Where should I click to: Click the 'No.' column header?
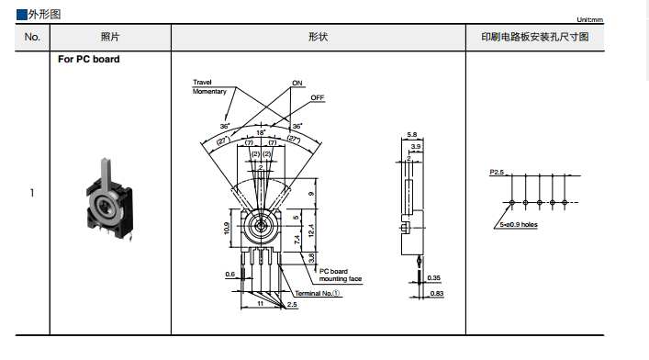(32, 38)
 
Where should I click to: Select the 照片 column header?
(110, 37)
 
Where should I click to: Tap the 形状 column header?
(318, 37)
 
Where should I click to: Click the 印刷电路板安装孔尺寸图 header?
(535, 37)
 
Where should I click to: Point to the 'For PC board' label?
(88, 60)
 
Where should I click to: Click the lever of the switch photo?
(106, 174)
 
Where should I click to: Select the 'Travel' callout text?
(202, 82)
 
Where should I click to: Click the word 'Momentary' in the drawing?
(209, 91)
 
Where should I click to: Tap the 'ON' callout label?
(297, 83)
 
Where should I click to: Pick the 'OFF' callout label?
(318, 97)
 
